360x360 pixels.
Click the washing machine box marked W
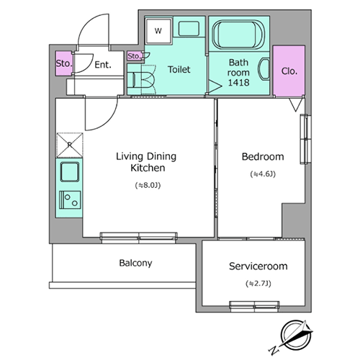(158, 30)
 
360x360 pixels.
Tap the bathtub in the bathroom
(239, 35)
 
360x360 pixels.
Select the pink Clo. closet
(289, 71)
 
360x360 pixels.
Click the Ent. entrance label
(103, 65)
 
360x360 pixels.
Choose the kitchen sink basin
(70, 172)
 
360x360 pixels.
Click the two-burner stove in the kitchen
(70, 199)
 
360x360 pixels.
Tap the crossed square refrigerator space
(70, 145)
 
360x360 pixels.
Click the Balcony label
(135, 263)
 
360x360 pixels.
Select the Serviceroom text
(258, 266)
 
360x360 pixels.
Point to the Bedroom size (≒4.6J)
(263, 174)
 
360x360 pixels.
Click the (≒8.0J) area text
(148, 185)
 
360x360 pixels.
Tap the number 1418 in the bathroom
(238, 83)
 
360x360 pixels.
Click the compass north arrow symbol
(296, 335)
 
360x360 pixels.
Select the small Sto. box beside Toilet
(134, 56)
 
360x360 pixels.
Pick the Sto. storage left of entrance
(64, 63)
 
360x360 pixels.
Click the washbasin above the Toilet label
(189, 29)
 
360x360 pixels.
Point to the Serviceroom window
(254, 307)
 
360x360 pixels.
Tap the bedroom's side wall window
(305, 139)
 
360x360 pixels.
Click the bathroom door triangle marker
(215, 86)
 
